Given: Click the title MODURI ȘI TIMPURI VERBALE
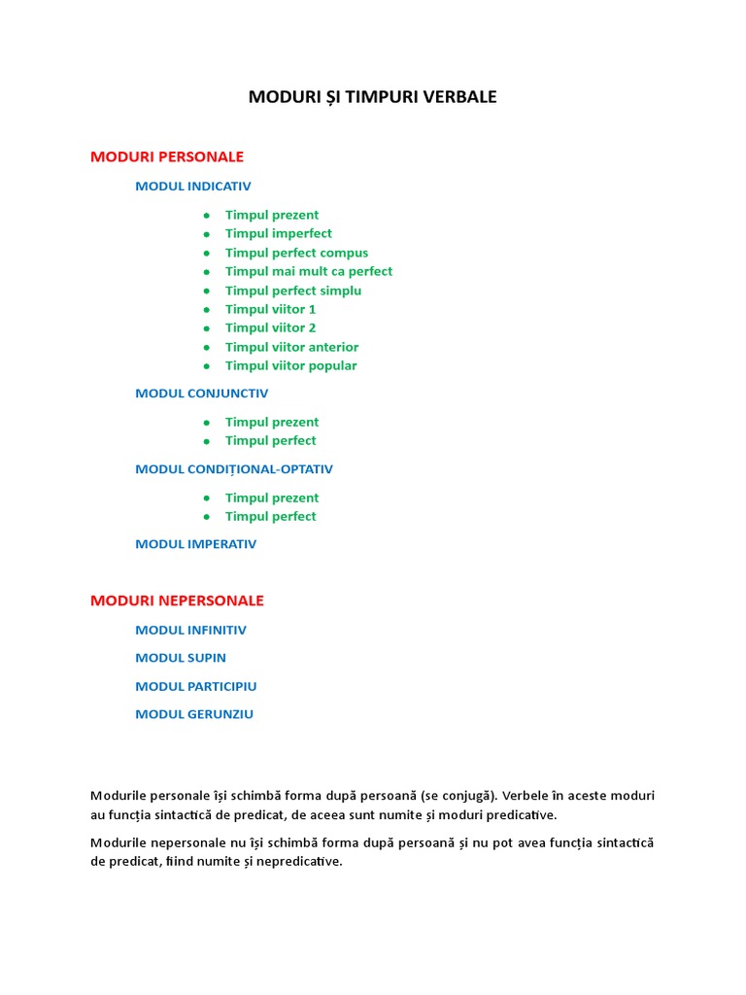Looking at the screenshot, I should pos(373,97).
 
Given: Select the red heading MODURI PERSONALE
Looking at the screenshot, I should pos(167,156).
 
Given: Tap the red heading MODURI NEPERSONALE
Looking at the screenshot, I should pos(177,600).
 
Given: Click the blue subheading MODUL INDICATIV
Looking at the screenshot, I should pos(193,187).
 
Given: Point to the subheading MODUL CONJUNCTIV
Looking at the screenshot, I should pos(202,394).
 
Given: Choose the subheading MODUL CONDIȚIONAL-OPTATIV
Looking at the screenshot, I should pos(234,469).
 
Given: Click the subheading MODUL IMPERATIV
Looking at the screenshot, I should pos(196,544).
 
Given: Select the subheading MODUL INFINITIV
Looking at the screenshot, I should pos(191,630).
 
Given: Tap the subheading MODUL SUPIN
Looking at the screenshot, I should pos(181,658).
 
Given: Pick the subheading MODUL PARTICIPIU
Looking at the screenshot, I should pos(196,686).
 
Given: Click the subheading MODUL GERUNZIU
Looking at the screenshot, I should pos(194,714).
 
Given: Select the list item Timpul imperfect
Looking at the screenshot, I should pos(279,233).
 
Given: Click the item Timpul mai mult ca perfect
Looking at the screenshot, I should pos(309,271).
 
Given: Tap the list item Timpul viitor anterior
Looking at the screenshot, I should pos(291,347).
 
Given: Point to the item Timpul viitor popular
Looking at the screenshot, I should pos(290,365).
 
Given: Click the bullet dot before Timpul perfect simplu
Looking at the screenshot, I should pos(207,291).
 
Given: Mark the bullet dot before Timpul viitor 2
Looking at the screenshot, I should pos(207,328).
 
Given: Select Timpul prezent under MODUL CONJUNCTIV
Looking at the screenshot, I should pos(272,422).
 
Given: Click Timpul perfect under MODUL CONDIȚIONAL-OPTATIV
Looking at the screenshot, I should pos(271,516).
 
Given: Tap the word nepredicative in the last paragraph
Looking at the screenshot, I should pos(299,862).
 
